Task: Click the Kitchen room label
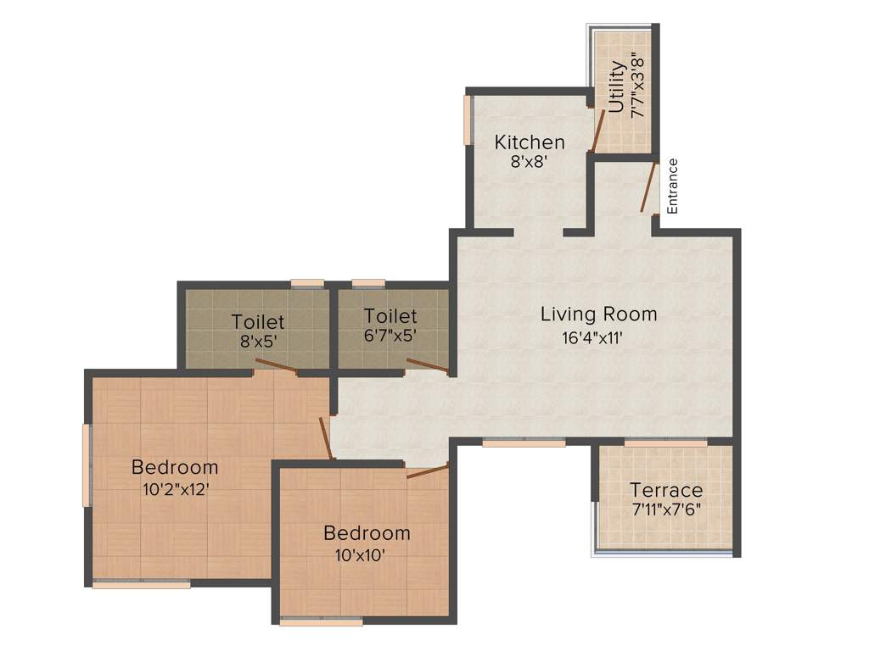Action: point(530,142)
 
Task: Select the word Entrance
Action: point(672,186)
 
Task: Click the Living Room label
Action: point(598,314)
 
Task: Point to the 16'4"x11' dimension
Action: point(598,337)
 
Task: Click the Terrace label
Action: point(665,490)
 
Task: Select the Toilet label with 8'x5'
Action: point(258,322)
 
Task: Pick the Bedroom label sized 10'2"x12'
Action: point(174,467)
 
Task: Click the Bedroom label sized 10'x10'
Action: point(367,533)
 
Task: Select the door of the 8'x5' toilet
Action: point(276,366)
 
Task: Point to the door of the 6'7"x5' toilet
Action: point(427,365)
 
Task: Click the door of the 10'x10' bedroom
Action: point(427,471)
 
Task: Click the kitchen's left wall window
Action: point(467,119)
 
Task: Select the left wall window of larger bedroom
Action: point(86,465)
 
